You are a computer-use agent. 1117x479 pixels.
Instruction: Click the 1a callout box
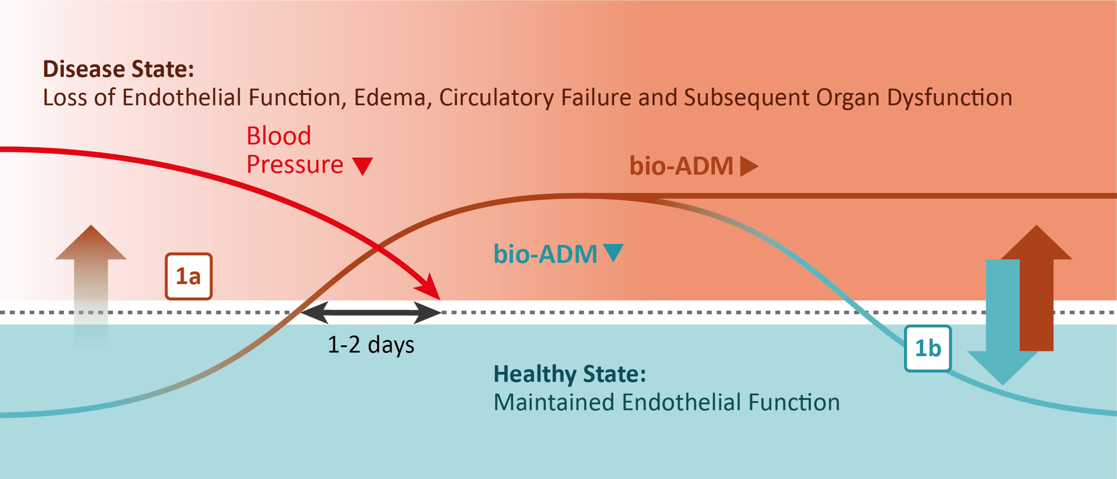[188, 276]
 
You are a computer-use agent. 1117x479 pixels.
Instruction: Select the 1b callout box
[928, 349]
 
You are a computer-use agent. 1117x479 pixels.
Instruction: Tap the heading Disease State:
[119, 69]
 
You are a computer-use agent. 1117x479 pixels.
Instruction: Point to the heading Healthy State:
[570, 374]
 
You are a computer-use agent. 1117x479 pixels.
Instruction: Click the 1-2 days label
[371, 345]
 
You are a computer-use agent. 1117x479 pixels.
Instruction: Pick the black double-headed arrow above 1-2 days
[371, 313]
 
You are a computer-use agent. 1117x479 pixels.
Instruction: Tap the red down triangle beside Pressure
[362, 166]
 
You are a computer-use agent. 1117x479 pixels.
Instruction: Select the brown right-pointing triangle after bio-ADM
[749, 166]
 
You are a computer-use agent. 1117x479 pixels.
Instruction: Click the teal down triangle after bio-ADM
[614, 253]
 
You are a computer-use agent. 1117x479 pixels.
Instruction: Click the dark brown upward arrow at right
[1037, 288]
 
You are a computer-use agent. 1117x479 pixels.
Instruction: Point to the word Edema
[392, 98]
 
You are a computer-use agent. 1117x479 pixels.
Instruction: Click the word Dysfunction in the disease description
[949, 98]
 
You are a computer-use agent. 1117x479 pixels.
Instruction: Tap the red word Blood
[279, 136]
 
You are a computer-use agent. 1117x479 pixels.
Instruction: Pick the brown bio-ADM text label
[681, 166]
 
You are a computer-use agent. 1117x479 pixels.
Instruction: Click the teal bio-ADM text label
[545, 254]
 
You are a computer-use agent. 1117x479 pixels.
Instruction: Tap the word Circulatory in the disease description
[496, 98]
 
